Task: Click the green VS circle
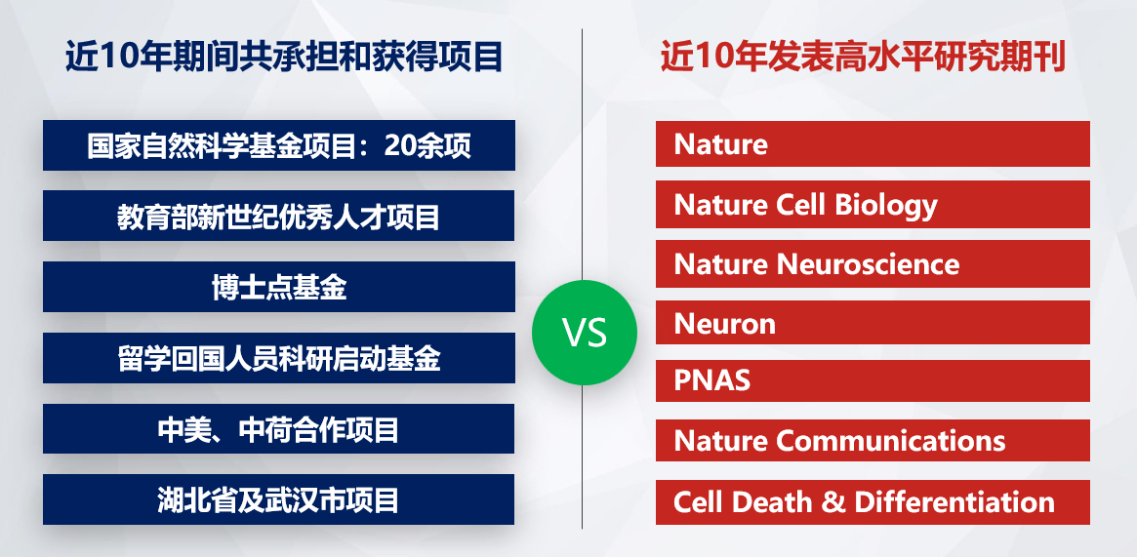585,333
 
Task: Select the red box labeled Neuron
873,322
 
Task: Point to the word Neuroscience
868,264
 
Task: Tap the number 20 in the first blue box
399,146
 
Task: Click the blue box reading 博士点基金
279,287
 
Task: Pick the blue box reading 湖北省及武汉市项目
279,499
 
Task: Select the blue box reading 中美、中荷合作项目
279,429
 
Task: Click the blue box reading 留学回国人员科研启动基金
279,358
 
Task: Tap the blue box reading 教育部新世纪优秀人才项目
279,216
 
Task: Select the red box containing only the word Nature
873,143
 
